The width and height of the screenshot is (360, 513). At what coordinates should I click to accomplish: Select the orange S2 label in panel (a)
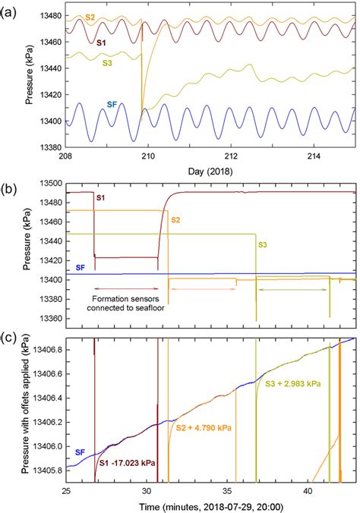(90, 16)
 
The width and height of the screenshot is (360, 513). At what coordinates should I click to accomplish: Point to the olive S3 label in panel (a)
(109, 64)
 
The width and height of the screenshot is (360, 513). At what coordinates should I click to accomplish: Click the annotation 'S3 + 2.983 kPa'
(292, 384)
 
